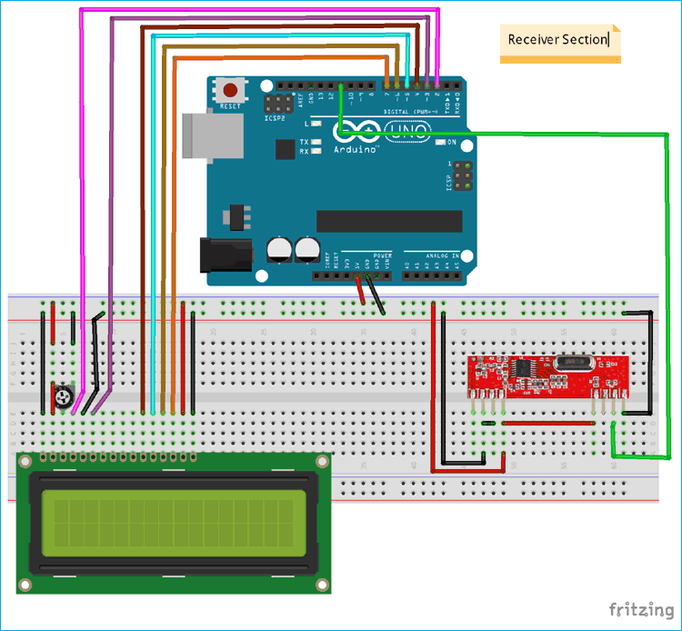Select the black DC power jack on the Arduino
pos(222,254)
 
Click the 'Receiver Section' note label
pos(558,40)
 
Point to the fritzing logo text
pos(640,608)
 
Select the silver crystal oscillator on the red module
pos(576,363)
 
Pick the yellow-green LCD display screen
pos(173,525)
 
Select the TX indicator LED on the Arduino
pos(305,143)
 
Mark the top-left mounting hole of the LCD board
pos(27,463)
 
